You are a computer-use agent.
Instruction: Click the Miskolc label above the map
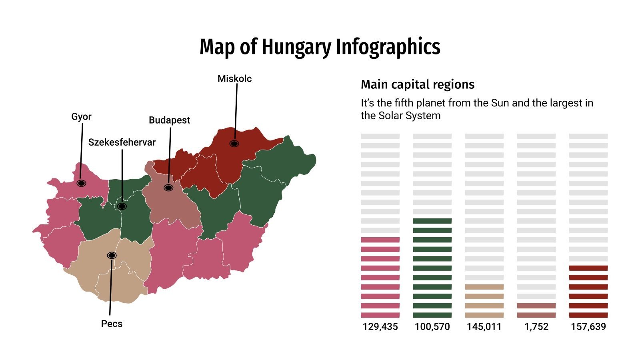[x=234, y=79]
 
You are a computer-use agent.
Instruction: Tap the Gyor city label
[x=81, y=117]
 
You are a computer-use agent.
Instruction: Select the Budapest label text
[x=169, y=120]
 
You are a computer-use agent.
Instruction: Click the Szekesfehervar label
[x=122, y=142]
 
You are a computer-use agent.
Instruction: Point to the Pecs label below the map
[x=112, y=324]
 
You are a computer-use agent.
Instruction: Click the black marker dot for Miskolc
[x=234, y=144]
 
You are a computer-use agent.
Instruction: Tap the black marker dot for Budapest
[x=168, y=188]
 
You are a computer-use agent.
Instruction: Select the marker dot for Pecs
[x=112, y=255]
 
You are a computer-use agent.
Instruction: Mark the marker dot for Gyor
[x=82, y=183]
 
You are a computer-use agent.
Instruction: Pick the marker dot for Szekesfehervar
[x=122, y=206]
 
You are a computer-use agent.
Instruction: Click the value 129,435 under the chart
[x=380, y=327]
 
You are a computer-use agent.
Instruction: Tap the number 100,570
[x=432, y=327]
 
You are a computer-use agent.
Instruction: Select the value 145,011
[x=484, y=327]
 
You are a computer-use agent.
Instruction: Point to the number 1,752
[x=536, y=327]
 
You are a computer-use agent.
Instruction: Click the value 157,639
[x=588, y=327]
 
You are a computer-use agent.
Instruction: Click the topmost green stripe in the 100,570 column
[x=432, y=221]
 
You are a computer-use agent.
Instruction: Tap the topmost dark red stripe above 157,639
[x=588, y=268]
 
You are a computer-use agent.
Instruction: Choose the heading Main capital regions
[x=417, y=85]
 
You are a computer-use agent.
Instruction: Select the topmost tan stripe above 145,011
[x=484, y=287]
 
